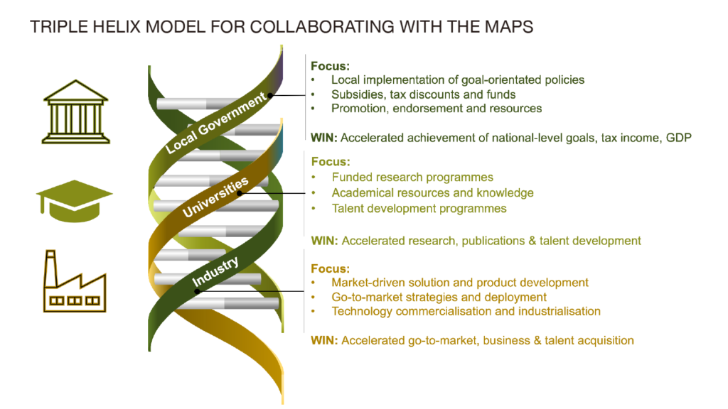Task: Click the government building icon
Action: click(75, 111)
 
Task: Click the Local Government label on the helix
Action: click(217, 122)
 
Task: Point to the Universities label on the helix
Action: click(215, 197)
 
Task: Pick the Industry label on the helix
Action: click(215, 271)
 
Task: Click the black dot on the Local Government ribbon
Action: click(270, 95)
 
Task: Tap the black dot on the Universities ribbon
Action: click(240, 193)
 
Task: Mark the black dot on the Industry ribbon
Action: click(198, 291)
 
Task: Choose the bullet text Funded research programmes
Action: click(412, 178)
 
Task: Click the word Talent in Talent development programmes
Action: click(347, 209)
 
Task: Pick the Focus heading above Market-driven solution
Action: click(330, 269)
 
